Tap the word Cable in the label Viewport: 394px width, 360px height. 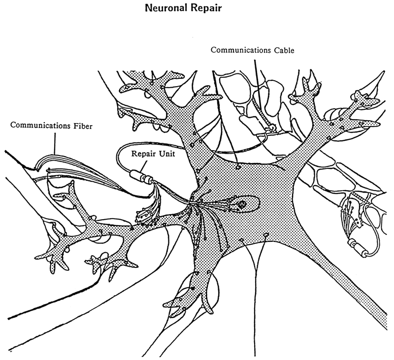283,50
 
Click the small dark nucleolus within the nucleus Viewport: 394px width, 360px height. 242,203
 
